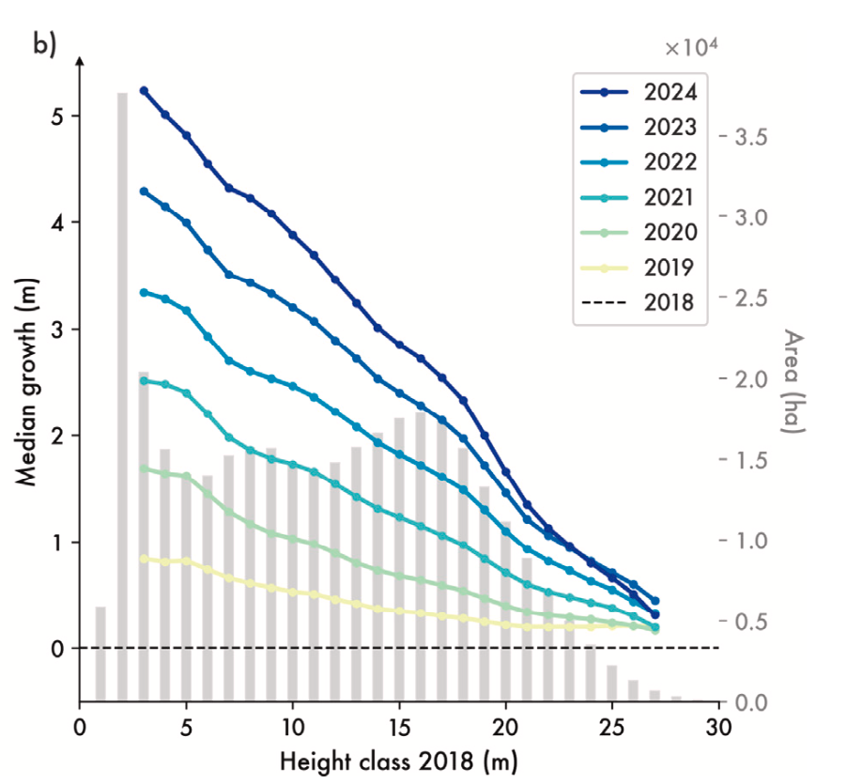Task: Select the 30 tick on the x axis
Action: tap(719, 726)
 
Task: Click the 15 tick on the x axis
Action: tap(399, 726)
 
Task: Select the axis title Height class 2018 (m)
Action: tap(399, 758)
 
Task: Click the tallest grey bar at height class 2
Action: tap(122, 394)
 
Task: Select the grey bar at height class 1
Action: tap(100, 653)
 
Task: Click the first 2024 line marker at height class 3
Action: tap(144, 90)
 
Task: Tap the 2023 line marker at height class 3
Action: tap(144, 191)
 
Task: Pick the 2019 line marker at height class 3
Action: tap(144, 558)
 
